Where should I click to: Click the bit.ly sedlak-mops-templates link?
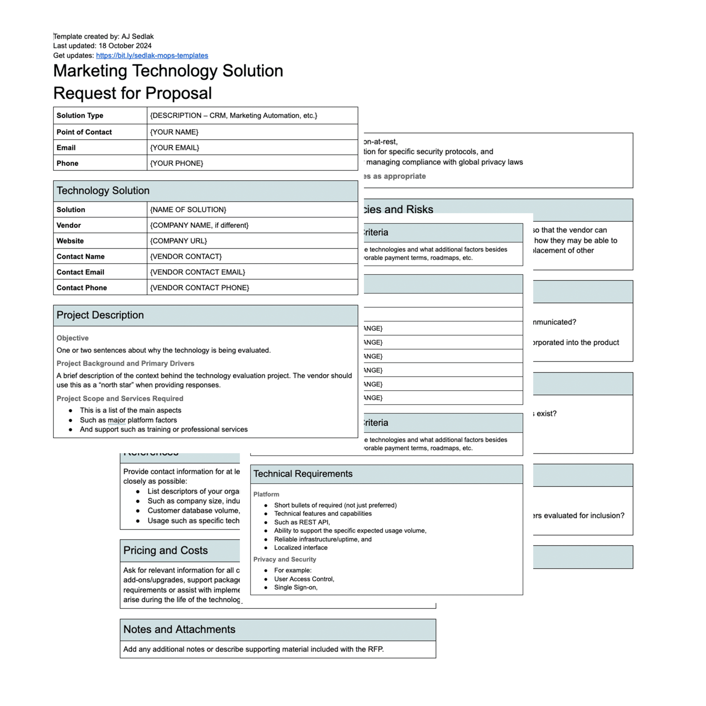tap(152, 55)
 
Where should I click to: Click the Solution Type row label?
tap(80, 116)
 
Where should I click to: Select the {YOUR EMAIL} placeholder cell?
tap(175, 148)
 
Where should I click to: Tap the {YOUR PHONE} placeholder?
tap(176, 163)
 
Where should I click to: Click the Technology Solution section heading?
tap(103, 191)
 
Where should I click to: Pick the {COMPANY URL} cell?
tap(178, 241)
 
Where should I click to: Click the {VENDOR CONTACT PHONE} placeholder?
tap(199, 288)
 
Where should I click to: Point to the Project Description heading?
tap(100, 315)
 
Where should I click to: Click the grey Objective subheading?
tap(72, 338)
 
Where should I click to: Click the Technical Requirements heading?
tap(303, 474)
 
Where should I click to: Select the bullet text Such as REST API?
tap(302, 522)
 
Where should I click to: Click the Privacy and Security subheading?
tap(285, 560)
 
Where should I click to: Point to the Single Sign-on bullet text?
tap(296, 588)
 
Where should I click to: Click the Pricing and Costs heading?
tap(165, 551)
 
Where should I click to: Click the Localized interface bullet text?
tap(301, 548)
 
